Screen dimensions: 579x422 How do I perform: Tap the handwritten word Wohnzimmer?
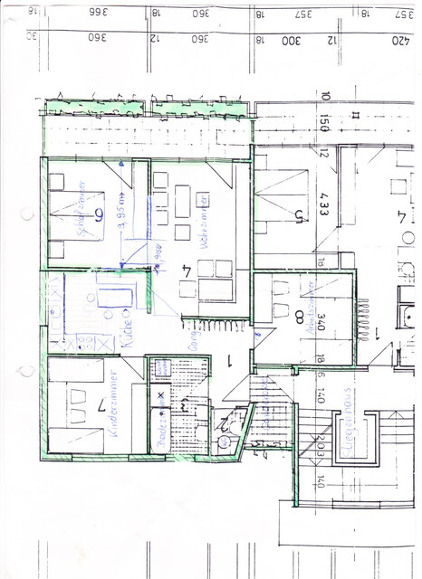207,221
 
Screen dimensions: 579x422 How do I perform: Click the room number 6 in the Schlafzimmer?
99,214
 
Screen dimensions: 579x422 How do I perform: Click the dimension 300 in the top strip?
290,40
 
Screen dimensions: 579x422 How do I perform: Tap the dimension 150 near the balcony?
324,125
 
